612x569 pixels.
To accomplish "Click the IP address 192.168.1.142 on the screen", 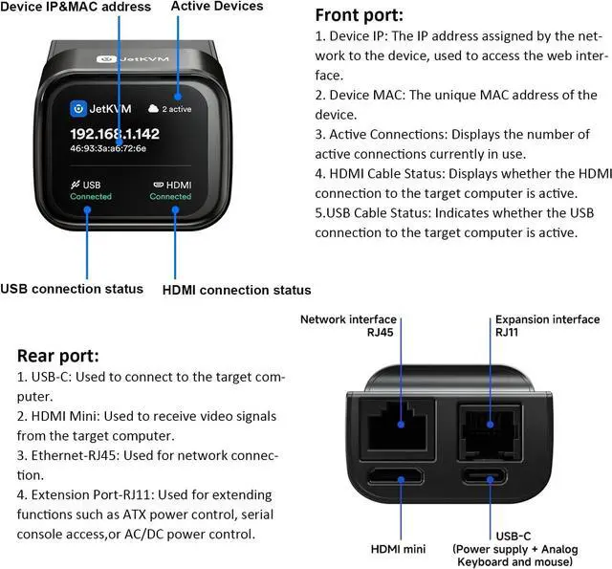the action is [128, 134].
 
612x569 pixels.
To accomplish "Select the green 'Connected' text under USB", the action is [91, 197].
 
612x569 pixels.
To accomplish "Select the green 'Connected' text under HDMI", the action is [170, 197].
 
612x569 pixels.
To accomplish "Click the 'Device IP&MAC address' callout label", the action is [76, 7].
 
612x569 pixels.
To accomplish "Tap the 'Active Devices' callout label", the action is [217, 7].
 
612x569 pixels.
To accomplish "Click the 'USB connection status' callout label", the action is [72, 289].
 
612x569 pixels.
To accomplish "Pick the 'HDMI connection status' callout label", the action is [236, 290].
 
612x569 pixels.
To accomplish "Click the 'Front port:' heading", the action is [360, 15].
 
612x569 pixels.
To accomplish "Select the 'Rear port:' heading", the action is [58, 356].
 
